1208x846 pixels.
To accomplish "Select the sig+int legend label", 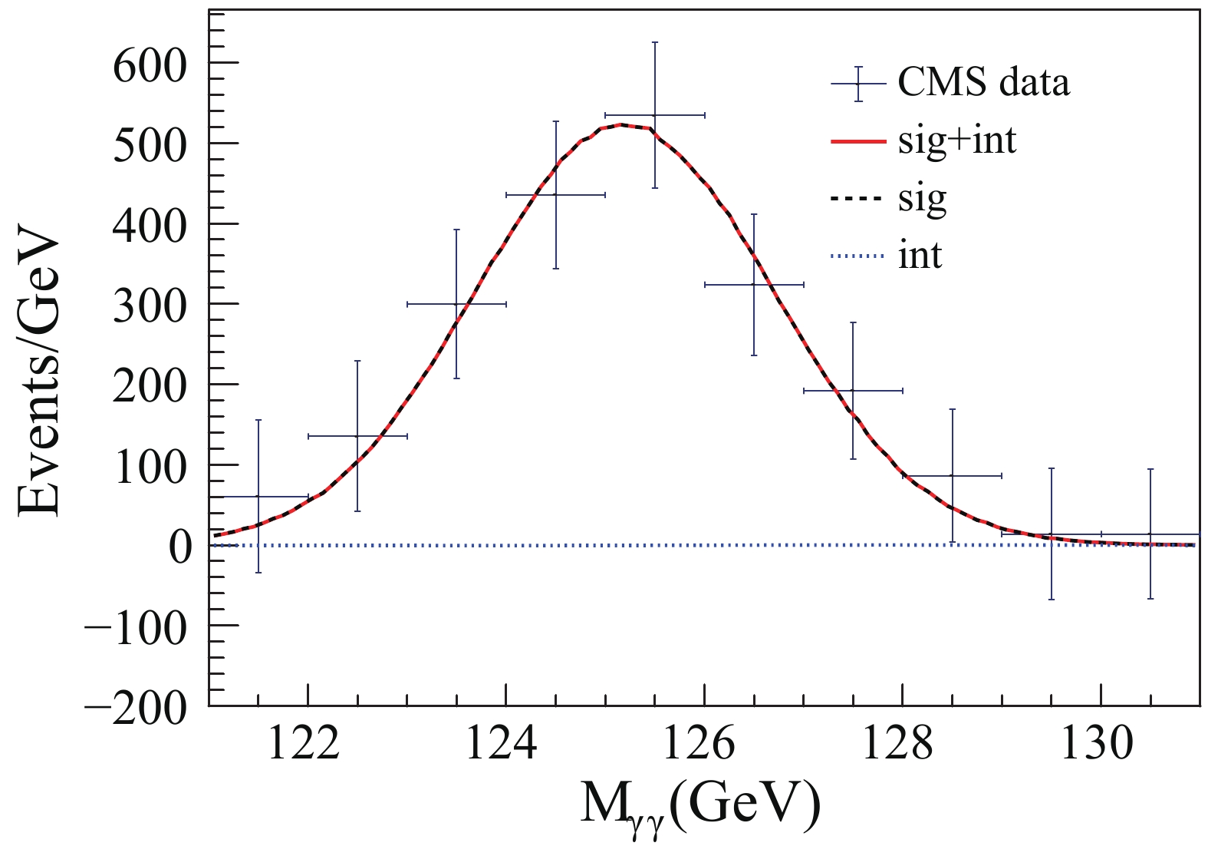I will [x=957, y=140].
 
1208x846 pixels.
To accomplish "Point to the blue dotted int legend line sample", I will [x=857, y=256].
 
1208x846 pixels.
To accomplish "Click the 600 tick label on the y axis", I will [x=150, y=65].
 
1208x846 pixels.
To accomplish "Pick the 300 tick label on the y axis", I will [x=150, y=306].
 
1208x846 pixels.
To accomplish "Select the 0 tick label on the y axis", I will [x=180, y=547].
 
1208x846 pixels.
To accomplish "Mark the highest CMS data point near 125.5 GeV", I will [x=654, y=115].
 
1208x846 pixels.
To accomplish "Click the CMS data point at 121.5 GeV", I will [x=258, y=496].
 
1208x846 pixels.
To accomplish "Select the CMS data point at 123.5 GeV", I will [x=456, y=304].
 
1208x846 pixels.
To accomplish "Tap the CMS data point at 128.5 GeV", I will [x=953, y=476].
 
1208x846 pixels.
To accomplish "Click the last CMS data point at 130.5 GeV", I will [x=1150, y=534].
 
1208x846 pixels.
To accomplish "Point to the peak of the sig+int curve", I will [x=620, y=124].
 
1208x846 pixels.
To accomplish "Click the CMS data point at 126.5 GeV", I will [x=754, y=285].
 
